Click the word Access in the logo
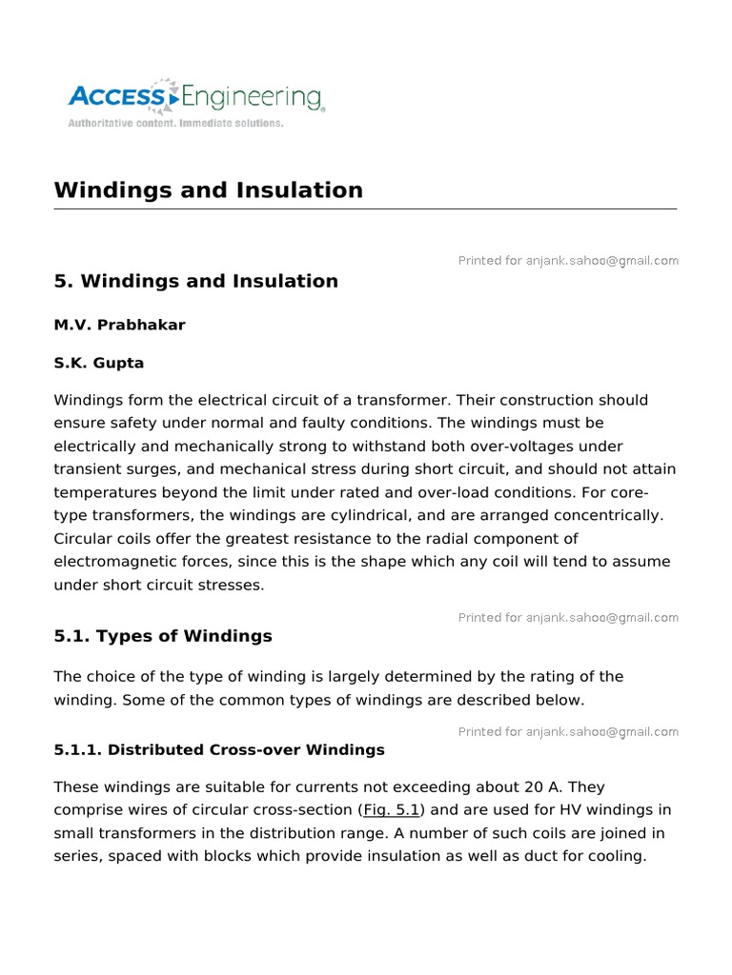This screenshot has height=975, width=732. click(x=116, y=96)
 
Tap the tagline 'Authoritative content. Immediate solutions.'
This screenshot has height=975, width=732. click(x=174, y=124)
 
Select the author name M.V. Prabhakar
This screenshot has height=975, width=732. click(x=119, y=325)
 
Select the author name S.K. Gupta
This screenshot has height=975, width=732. click(x=99, y=363)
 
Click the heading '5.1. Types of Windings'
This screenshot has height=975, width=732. click(x=163, y=636)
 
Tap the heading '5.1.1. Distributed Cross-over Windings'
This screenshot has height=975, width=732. click(x=219, y=749)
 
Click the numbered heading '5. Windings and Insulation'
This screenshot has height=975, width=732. click(x=195, y=281)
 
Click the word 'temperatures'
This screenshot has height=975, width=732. click(x=104, y=492)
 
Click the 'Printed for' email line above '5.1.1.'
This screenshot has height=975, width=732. click(x=568, y=732)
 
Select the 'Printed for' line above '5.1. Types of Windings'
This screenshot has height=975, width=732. click(x=568, y=618)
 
